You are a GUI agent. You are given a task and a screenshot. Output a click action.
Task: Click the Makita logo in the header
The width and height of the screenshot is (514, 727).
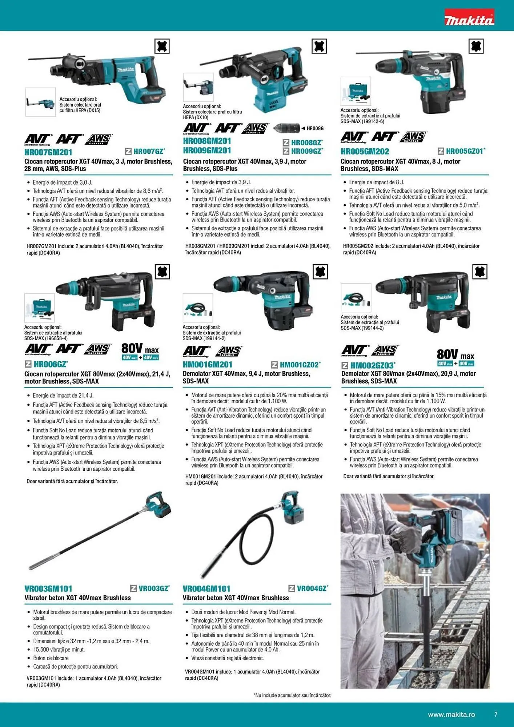point(469,18)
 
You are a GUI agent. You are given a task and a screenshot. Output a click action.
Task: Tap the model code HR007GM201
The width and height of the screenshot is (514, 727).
point(48,152)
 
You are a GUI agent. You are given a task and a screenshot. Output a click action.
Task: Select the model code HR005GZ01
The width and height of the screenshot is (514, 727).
point(465,151)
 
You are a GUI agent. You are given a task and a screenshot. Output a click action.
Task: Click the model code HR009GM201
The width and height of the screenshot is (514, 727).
point(207,150)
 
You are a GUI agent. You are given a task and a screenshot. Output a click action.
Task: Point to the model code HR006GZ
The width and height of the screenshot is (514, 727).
point(50,364)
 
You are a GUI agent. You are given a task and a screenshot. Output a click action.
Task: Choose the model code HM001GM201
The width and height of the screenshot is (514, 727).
point(207,364)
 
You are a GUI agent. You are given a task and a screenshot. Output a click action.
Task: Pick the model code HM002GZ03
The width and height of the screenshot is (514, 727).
point(372,365)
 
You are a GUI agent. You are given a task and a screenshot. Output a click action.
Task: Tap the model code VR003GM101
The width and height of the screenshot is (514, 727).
point(48,589)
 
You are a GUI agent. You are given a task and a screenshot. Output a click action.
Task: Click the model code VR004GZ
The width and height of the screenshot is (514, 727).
point(312,588)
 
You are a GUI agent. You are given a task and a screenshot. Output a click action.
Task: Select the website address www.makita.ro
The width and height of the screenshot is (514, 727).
point(451,715)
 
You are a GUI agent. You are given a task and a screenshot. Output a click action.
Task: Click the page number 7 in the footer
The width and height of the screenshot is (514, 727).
point(496,715)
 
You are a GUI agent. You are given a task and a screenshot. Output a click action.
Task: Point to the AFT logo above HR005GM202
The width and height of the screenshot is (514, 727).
point(385,137)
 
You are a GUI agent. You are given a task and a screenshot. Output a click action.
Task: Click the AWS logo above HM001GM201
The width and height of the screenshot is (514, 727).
point(229,351)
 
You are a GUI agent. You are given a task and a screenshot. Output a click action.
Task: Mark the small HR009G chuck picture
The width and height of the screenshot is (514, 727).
point(287,128)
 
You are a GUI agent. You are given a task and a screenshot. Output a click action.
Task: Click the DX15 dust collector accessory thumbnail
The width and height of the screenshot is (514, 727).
point(40,102)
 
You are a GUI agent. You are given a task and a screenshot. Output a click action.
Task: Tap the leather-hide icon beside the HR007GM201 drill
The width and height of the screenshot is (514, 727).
point(162,47)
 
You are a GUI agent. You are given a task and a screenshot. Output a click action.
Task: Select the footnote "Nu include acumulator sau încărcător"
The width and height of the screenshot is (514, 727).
point(292,695)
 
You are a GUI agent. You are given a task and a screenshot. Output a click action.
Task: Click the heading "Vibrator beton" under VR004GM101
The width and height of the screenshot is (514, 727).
point(236,598)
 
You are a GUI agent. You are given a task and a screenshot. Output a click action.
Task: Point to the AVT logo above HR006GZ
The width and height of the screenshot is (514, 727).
point(38,349)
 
